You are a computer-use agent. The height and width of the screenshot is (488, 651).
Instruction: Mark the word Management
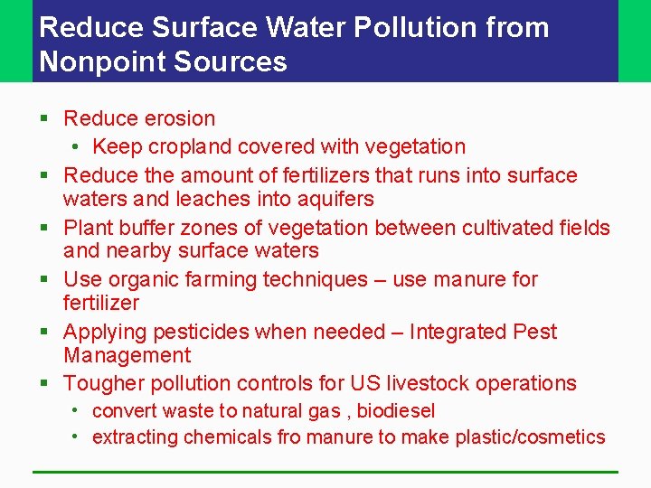click(127, 356)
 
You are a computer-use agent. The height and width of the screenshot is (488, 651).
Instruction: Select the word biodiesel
click(395, 411)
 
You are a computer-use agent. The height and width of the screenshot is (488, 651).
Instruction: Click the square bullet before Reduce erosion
click(44, 119)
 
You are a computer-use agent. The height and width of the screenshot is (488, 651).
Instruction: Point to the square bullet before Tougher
click(44, 384)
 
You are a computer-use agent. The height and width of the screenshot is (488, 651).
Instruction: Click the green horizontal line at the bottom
click(325, 471)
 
